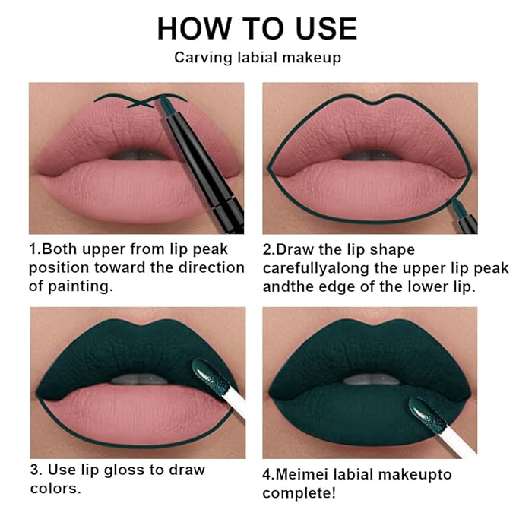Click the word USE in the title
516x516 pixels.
point(321,28)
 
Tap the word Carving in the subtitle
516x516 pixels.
point(199,57)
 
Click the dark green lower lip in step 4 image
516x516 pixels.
point(350,414)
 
